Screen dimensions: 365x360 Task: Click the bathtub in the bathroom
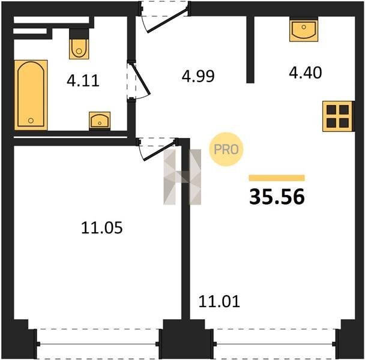[x=31, y=95]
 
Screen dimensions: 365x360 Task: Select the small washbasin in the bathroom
[x=100, y=121]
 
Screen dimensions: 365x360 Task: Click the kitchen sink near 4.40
[x=304, y=30]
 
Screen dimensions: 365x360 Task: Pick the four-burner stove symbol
[x=338, y=116]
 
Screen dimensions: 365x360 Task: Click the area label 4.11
[x=83, y=81]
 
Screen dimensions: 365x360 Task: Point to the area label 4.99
[x=198, y=76]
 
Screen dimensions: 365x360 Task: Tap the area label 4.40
[x=306, y=73]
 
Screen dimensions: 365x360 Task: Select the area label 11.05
[x=101, y=228]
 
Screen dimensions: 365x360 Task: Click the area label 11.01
[x=219, y=302]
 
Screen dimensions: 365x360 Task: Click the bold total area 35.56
[x=277, y=197]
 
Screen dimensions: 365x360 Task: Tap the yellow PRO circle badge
[x=226, y=149]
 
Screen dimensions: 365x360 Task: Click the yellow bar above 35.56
[x=277, y=178]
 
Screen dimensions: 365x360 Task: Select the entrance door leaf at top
[x=167, y=20]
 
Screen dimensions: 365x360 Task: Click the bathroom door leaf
[x=141, y=79]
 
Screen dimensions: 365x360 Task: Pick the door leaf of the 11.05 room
[x=160, y=151]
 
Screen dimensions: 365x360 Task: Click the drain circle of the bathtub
[x=31, y=121]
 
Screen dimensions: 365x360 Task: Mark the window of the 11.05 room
[x=98, y=344]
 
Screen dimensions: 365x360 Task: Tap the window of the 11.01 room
[x=274, y=344]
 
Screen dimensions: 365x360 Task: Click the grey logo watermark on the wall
[x=182, y=177]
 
